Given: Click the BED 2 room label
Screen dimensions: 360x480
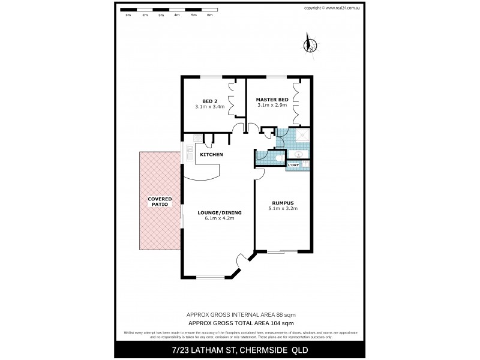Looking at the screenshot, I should click(x=209, y=100).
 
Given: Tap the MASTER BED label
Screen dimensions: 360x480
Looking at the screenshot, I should click(x=272, y=99).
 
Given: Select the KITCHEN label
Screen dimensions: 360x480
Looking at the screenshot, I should click(x=211, y=155).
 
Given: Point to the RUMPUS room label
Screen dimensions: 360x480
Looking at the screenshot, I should click(x=282, y=203).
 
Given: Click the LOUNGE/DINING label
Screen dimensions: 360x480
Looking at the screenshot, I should click(x=216, y=212).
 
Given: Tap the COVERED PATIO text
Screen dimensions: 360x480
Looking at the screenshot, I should click(x=160, y=202).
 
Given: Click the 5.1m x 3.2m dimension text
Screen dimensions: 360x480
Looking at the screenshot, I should click(x=282, y=209).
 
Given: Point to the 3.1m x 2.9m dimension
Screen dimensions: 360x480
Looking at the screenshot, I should click(x=272, y=105).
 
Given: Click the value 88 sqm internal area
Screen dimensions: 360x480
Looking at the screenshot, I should click(x=284, y=315).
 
